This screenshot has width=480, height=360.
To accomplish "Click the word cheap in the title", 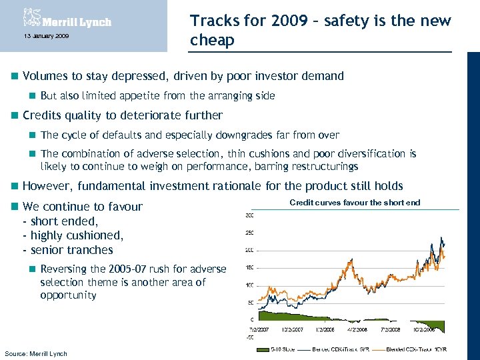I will pyautogui.click(x=212, y=41).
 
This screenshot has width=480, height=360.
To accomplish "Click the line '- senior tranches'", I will pyautogui.click(x=68, y=250).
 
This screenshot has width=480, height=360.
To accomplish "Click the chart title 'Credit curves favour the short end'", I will pyautogui.click(x=355, y=202).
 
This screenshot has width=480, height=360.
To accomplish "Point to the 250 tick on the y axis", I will pyautogui.click(x=249, y=233).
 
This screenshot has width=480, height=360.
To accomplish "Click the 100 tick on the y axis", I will pyautogui.click(x=249, y=285).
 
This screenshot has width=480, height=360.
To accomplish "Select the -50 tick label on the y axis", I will pyautogui.click(x=249, y=337).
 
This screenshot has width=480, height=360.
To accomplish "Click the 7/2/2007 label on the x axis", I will pyautogui.click(x=259, y=329).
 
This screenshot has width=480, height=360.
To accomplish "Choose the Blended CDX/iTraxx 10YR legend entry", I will pyautogui.click(x=416, y=349).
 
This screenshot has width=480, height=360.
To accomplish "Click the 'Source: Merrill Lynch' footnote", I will pyautogui.click(x=36, y=353).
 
